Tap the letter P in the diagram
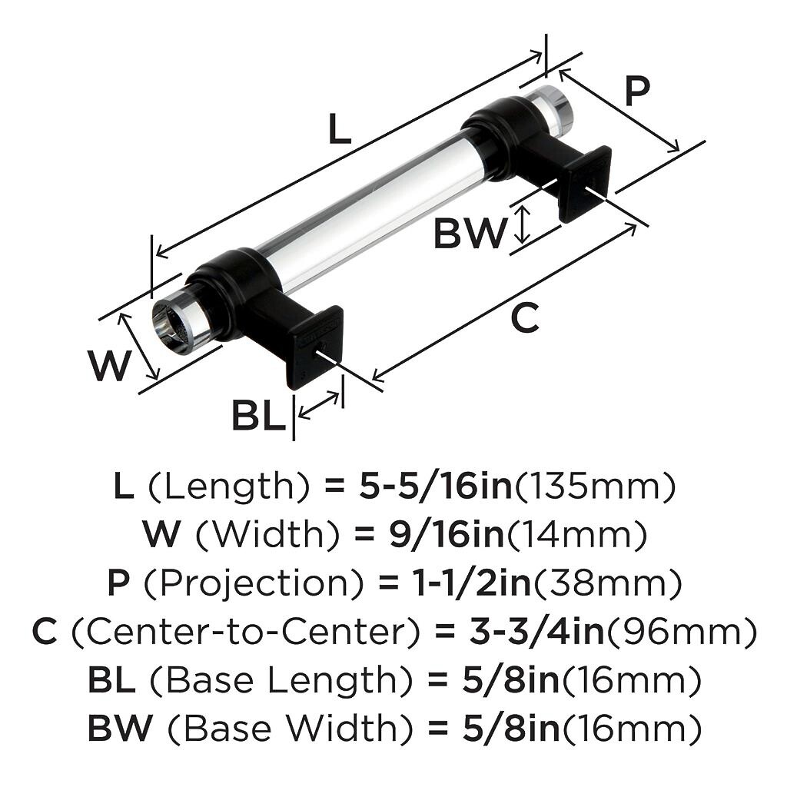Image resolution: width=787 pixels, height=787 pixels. [x=637, y=91]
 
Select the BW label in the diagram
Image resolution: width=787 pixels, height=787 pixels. [x=470, y=233]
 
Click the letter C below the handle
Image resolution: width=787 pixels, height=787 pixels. [x=525, y=318]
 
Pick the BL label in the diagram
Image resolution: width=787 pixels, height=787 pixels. [x=258, y=416]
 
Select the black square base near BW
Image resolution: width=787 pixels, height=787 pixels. [x=586, y=183]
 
